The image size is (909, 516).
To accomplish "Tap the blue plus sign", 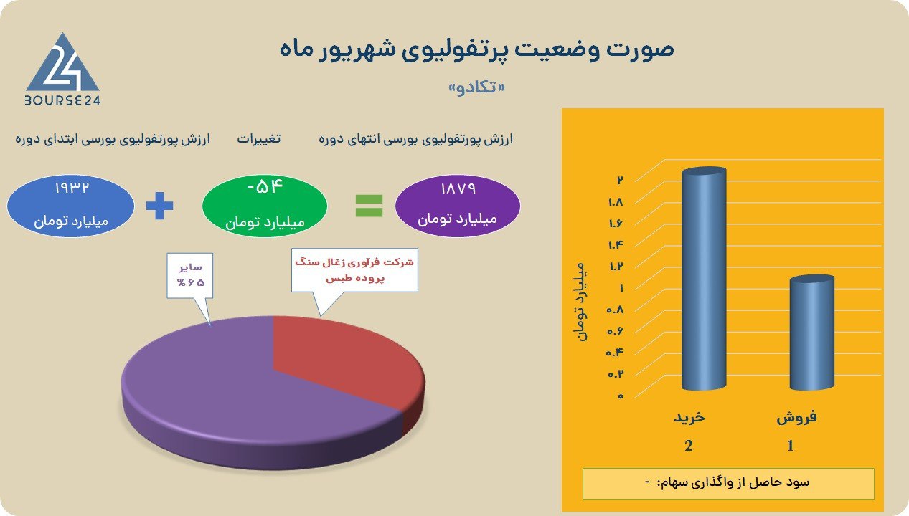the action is coord(159,206).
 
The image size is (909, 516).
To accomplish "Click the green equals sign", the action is coord(369,206).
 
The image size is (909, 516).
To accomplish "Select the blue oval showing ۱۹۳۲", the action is coord(70,206).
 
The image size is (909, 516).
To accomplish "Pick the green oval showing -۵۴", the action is coord(265,206).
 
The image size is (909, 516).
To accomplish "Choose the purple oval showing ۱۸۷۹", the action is coord(458,206).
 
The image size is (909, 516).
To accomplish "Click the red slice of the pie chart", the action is coord(345,360).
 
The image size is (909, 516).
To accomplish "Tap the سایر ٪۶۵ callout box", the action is coord(190,276).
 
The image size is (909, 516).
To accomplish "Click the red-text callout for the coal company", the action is coord(354,270).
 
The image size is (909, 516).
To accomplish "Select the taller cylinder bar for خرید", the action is coord(704,279).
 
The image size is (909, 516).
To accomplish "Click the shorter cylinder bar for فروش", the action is coord(811,333).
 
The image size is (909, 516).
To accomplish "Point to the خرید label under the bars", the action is coord(689,417).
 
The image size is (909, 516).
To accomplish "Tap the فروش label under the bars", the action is coord(796,417).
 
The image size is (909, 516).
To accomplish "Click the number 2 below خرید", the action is coord(689,446).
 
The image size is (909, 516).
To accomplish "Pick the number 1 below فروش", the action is coord(791,446).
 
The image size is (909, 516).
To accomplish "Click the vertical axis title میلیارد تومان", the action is coord(581,302).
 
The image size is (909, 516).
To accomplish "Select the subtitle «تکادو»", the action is coord(477,87).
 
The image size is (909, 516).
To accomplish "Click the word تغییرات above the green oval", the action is coord(259,138).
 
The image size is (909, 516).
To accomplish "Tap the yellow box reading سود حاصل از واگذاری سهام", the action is coord(728,484).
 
